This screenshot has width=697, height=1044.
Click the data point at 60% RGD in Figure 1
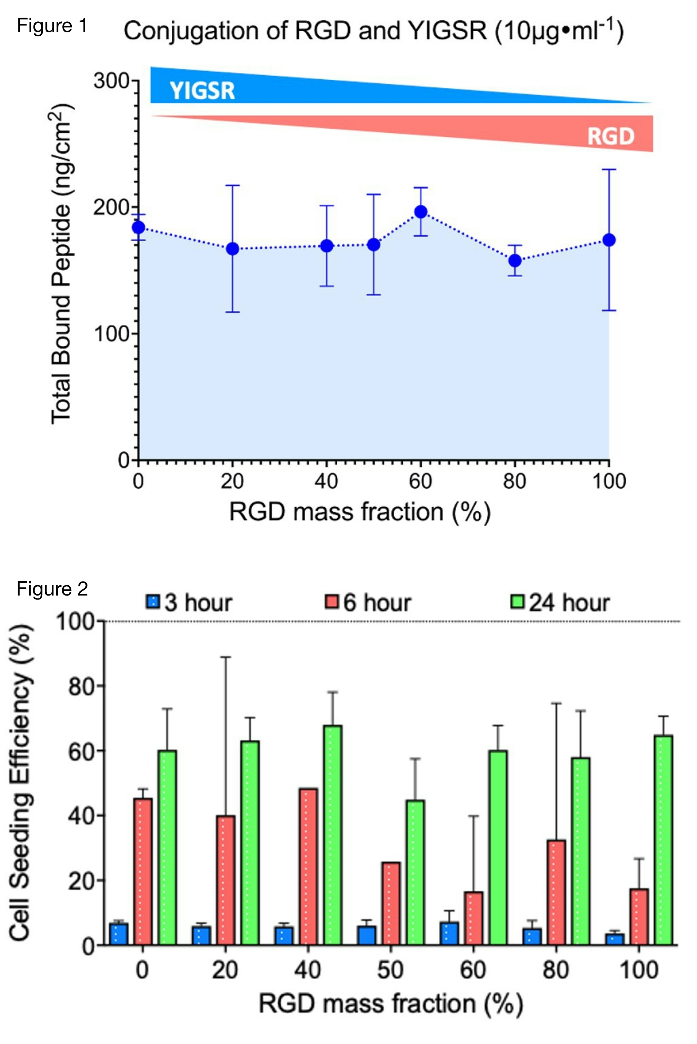pyautogui.click(x=420, y=212)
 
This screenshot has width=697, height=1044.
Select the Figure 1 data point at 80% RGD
pyautogui.click(x=515, y=260)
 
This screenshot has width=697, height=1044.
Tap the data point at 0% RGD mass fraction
pyautogui.click(x=139, y=228)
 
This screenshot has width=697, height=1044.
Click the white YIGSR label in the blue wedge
pyautogui.click(x=202, y=91)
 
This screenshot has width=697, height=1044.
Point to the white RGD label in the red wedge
pyautogui.click(x=611, y=136)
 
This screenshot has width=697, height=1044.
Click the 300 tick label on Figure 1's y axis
pyautogui.click(x=111, y=81)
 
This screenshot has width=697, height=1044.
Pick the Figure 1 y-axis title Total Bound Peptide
pyautogui.click(x=61, y=264)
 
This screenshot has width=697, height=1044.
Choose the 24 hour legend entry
pyautogui.click(x=560, y=603)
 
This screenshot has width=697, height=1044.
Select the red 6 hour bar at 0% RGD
pyautogui.click(x=143, y=871)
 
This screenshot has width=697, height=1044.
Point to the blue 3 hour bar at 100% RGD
pyautogui.click(x=615, y=939)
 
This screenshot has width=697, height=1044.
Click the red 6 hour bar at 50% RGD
pyautogui.click(x=391, y=903)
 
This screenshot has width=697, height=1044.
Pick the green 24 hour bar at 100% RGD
pyautogui.click(x=664, y=840)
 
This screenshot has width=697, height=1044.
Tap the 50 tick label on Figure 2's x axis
pyautogui.click(x=390, y=970)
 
